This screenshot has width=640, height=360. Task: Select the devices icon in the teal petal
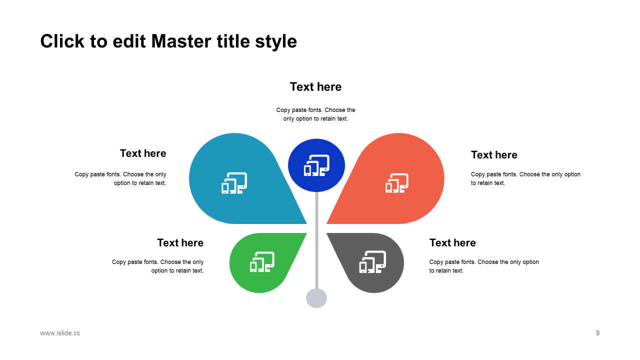(234, 183)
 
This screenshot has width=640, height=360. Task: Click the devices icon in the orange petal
(397, 183)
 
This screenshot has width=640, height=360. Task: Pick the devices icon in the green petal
(262, 262)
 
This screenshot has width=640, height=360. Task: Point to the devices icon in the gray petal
(373, 262)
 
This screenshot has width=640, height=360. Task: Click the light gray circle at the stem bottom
(316, 298)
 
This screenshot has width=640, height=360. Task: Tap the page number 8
(597, 333)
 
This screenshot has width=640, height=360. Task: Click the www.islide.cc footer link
(60, 333)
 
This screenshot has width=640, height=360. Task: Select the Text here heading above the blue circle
(315, 87)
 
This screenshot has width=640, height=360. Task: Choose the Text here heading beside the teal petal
(143, 153)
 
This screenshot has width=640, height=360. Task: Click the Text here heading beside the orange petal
(494, 155)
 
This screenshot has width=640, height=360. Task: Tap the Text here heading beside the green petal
(180, 243)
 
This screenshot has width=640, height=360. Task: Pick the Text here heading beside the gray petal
(452, 243)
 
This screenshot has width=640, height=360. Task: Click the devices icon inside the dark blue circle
(316, 165)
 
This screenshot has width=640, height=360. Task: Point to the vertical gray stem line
(316, 240)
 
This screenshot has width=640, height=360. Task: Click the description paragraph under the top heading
(315, 114)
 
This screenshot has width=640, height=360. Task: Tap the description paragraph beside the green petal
(158, 266)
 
